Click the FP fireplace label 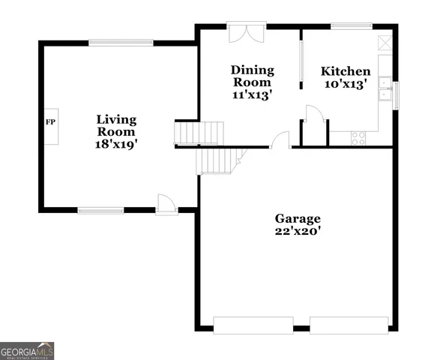(51, 121)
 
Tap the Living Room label (116, 125)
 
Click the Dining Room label (252, 76)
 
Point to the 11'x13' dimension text (252, 95)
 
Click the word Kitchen (346, 71)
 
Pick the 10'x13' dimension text (346, 85)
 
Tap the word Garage (297, 218)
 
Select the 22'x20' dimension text (297, 232)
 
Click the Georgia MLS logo (27, 350)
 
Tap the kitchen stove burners (358, 138)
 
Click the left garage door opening (253, 325)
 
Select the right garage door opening (349, 325)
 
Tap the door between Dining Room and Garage (280, 140)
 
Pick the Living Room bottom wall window (101, 210)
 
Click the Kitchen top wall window (347, 26)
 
